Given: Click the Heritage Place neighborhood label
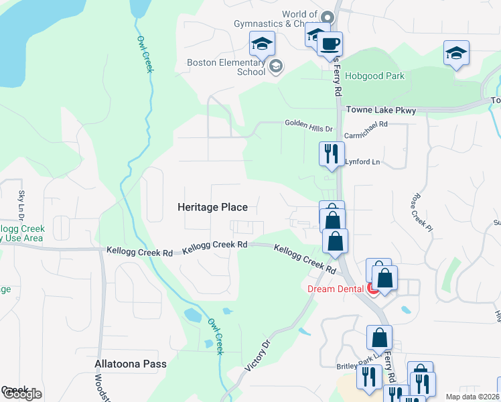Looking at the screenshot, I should click(212, 208).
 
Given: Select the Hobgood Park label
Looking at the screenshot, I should click(374, 76).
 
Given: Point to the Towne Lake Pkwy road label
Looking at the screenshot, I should click(380, 111).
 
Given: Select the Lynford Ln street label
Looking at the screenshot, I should click(362, 162).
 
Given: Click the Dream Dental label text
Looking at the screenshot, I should click(336, 289).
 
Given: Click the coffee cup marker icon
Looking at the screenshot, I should click(329, 46).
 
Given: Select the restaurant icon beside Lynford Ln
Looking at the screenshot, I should click(332, 155).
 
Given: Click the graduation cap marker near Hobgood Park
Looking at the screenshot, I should click(456, 54).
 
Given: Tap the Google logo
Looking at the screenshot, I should click(21, 394).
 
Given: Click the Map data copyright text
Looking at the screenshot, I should click(473, 397).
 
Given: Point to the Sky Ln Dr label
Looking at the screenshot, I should click(21, 204).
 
